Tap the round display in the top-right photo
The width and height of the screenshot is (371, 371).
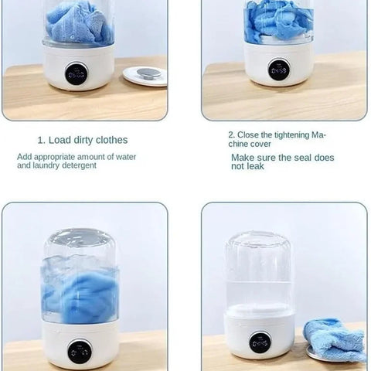(x=279, y=70)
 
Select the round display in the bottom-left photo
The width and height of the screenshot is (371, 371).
(x=80, y=352)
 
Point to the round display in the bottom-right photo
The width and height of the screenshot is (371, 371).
(x=260, y=343)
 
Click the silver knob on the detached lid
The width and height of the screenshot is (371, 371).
(x=148, y=73)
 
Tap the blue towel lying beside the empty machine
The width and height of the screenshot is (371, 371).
(x=335, y=339)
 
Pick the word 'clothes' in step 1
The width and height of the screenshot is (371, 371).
(x=111, y=140)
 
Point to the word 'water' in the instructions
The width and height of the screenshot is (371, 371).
(x=126, y=157)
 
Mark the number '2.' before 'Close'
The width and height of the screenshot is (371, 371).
(x=232, y=134)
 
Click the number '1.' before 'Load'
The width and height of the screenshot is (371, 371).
(x=42, y=141)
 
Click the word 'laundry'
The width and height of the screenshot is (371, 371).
(x=46, y=165)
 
